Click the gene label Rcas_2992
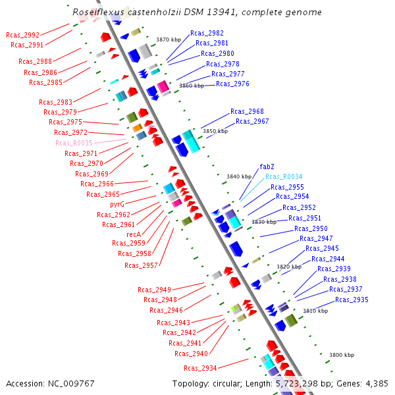click(22, 35)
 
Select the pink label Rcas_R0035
click(74, 143)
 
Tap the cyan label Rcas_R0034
click(284, 176)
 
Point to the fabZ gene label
click(267, 167)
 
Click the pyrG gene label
click(117, 204)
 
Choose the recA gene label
click(134, 234)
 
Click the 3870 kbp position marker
click(168, 40)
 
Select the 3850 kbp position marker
click(215, 131)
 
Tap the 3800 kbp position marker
click(341, 355)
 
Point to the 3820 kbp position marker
click(288, 267)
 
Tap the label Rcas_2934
click(200, 368)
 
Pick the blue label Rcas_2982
click(207, 33)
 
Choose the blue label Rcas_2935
click(352, 300)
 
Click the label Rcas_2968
click(247, 111)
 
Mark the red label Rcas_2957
click(141, 265)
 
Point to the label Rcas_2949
click(154, 290)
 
